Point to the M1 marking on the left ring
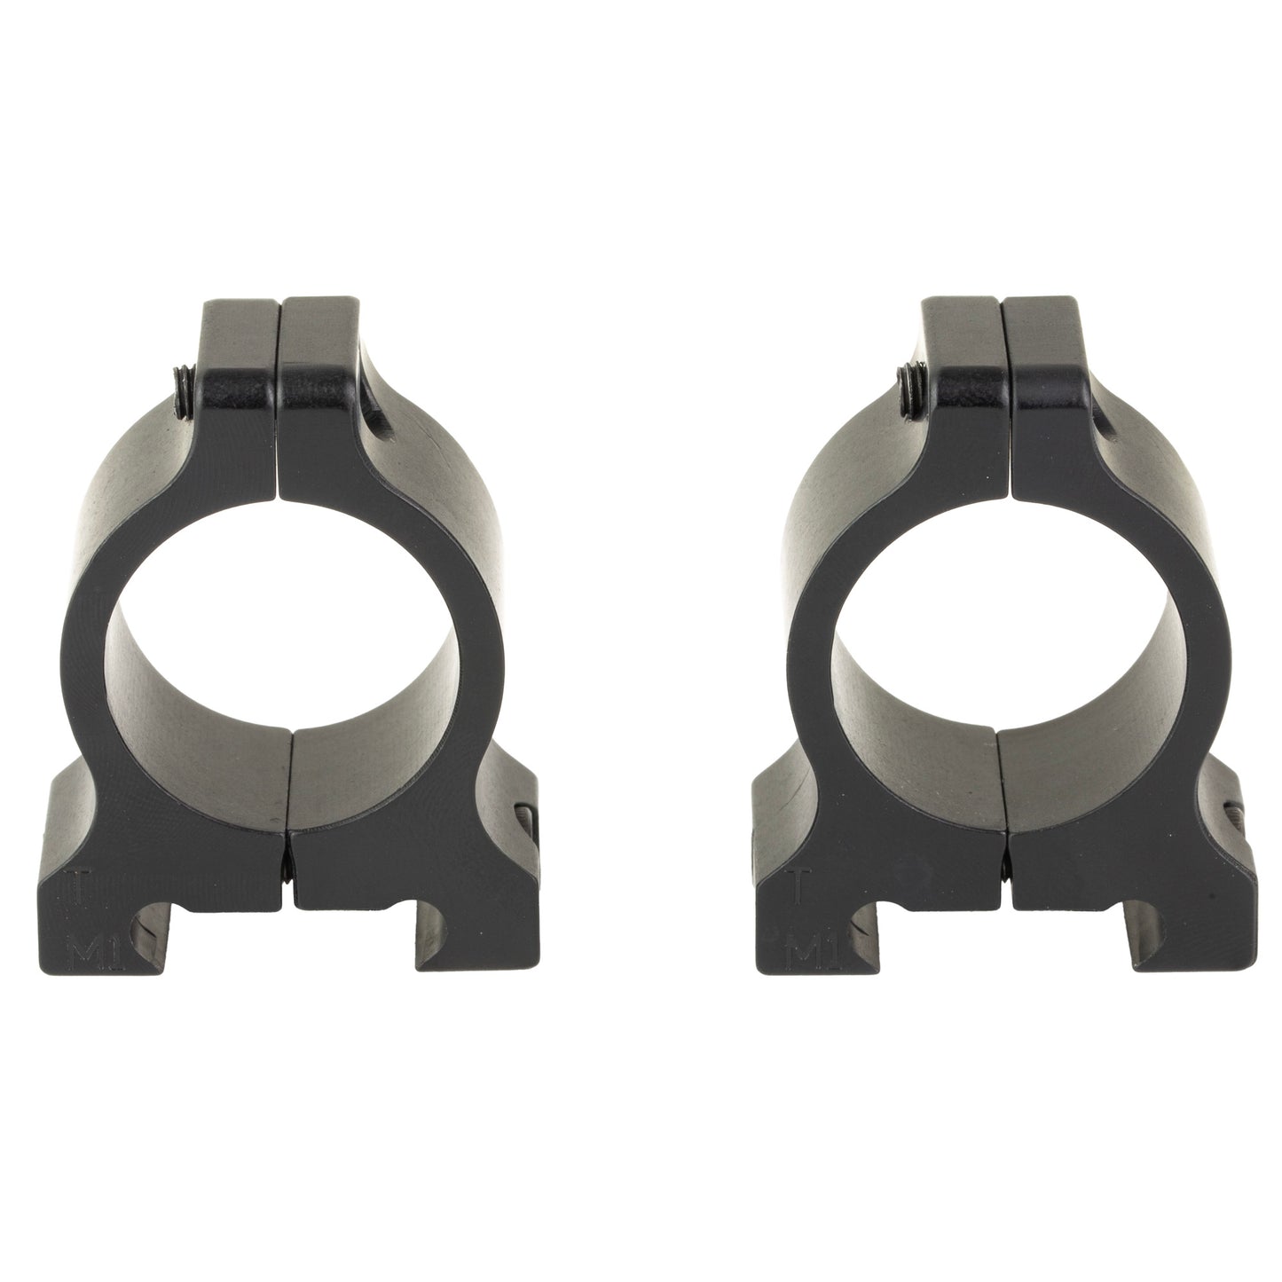pyautogui.click(x=84, y=955)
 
